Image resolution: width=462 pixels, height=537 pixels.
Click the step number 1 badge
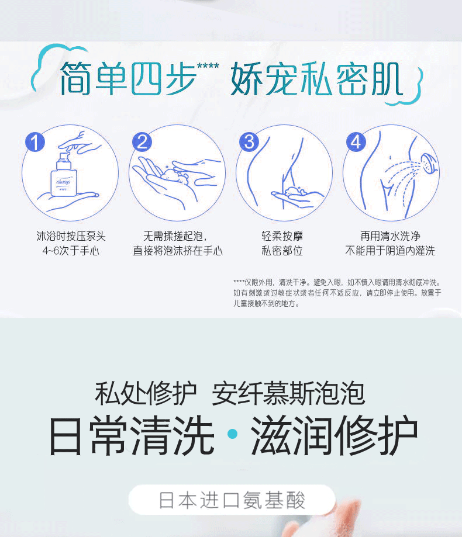36,142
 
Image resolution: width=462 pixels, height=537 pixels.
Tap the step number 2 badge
142,142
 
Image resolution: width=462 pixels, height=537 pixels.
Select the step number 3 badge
250,142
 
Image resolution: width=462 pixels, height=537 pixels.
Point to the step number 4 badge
356,142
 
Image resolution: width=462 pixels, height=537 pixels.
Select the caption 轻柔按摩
282,236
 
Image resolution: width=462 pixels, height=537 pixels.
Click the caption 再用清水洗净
390,236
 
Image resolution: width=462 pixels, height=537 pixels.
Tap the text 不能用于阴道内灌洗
390,251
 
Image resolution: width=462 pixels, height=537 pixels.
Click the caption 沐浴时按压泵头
71,236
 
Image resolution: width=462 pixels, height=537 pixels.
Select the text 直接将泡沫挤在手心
178,251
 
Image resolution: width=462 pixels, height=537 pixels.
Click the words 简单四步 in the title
127,78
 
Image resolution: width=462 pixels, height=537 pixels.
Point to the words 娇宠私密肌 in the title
316,79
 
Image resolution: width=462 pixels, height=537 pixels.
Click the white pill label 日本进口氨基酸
232,500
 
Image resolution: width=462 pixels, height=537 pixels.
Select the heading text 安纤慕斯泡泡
288,393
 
